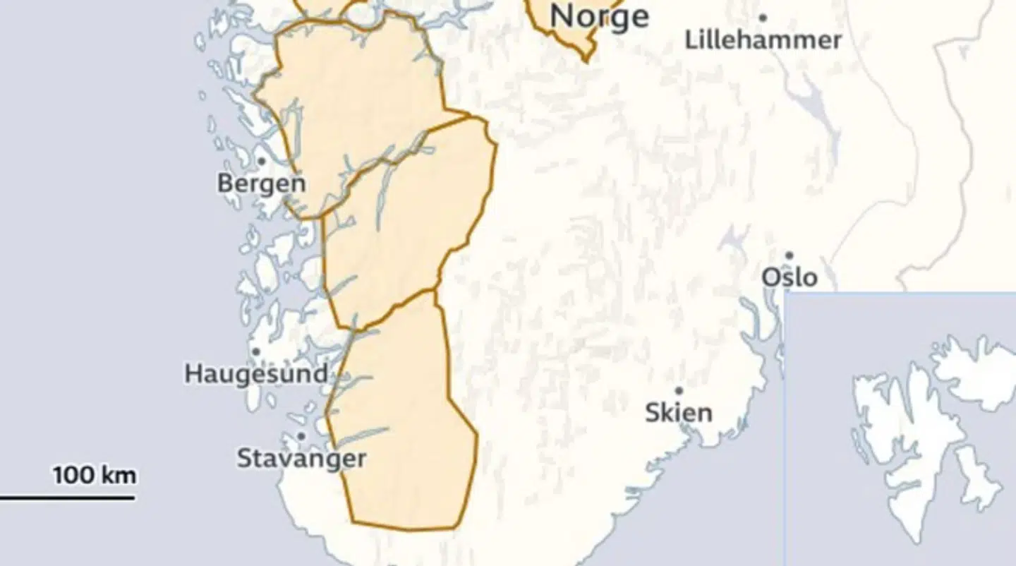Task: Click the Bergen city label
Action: (261, 183)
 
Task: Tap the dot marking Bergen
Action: (260, 162)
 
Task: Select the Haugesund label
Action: (255, 373)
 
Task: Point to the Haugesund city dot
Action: (256, 351)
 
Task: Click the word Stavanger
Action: (301, 459)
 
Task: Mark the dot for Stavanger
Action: (301, 437)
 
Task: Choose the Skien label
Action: (678, 412)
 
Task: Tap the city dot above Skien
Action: (679, 390)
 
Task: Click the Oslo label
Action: (789, 277)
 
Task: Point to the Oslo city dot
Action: (790, 255)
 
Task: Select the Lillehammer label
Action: (763, 40)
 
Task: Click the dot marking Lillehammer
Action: (763, 18)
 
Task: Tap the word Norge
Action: (599, 16)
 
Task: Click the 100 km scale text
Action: (95, 475)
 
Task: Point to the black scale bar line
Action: (67, 498)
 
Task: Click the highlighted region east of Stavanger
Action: (402, 438)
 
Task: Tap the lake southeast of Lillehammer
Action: (818, 113)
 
